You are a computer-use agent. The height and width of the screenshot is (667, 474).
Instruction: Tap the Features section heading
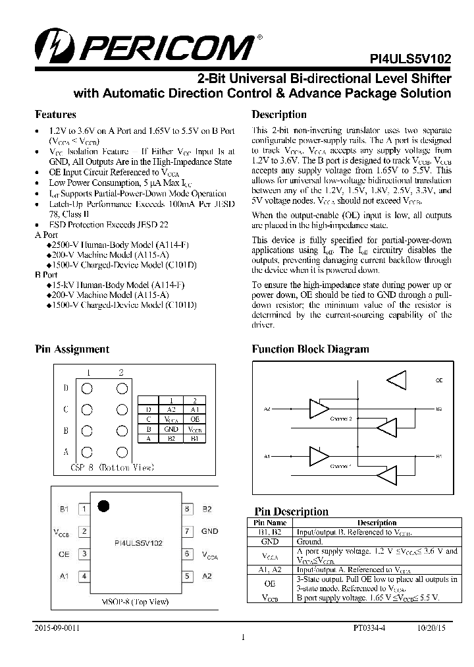pos(55,114)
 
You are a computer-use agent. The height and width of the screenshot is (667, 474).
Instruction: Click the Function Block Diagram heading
pos(310,349)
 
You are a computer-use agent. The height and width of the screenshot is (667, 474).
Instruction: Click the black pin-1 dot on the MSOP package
pos(103,506)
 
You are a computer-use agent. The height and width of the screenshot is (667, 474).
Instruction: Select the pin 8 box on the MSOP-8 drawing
pos(187,509)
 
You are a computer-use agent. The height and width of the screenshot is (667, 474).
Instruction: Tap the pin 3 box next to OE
pos(84,554)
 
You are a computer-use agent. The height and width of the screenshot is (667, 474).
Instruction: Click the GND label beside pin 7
pos(209,531)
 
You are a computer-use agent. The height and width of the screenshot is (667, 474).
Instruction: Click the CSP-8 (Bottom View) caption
pos(112,467)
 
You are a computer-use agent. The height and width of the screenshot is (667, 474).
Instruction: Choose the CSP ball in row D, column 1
pos(87,388)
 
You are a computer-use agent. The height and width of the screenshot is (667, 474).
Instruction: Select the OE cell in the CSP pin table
pos(194,419)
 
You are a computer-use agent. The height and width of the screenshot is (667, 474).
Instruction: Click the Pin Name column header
pos(274,523)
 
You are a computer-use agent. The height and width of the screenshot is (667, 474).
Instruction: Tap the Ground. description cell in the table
pos(310,541)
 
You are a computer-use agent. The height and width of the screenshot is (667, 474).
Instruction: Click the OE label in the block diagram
pos(439,381)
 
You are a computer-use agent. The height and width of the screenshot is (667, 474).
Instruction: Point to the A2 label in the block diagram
pos(267,409)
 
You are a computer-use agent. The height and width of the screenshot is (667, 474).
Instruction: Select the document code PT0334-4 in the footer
pos(369,629)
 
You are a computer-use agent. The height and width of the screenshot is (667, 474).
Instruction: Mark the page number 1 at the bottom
pos(243,637)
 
